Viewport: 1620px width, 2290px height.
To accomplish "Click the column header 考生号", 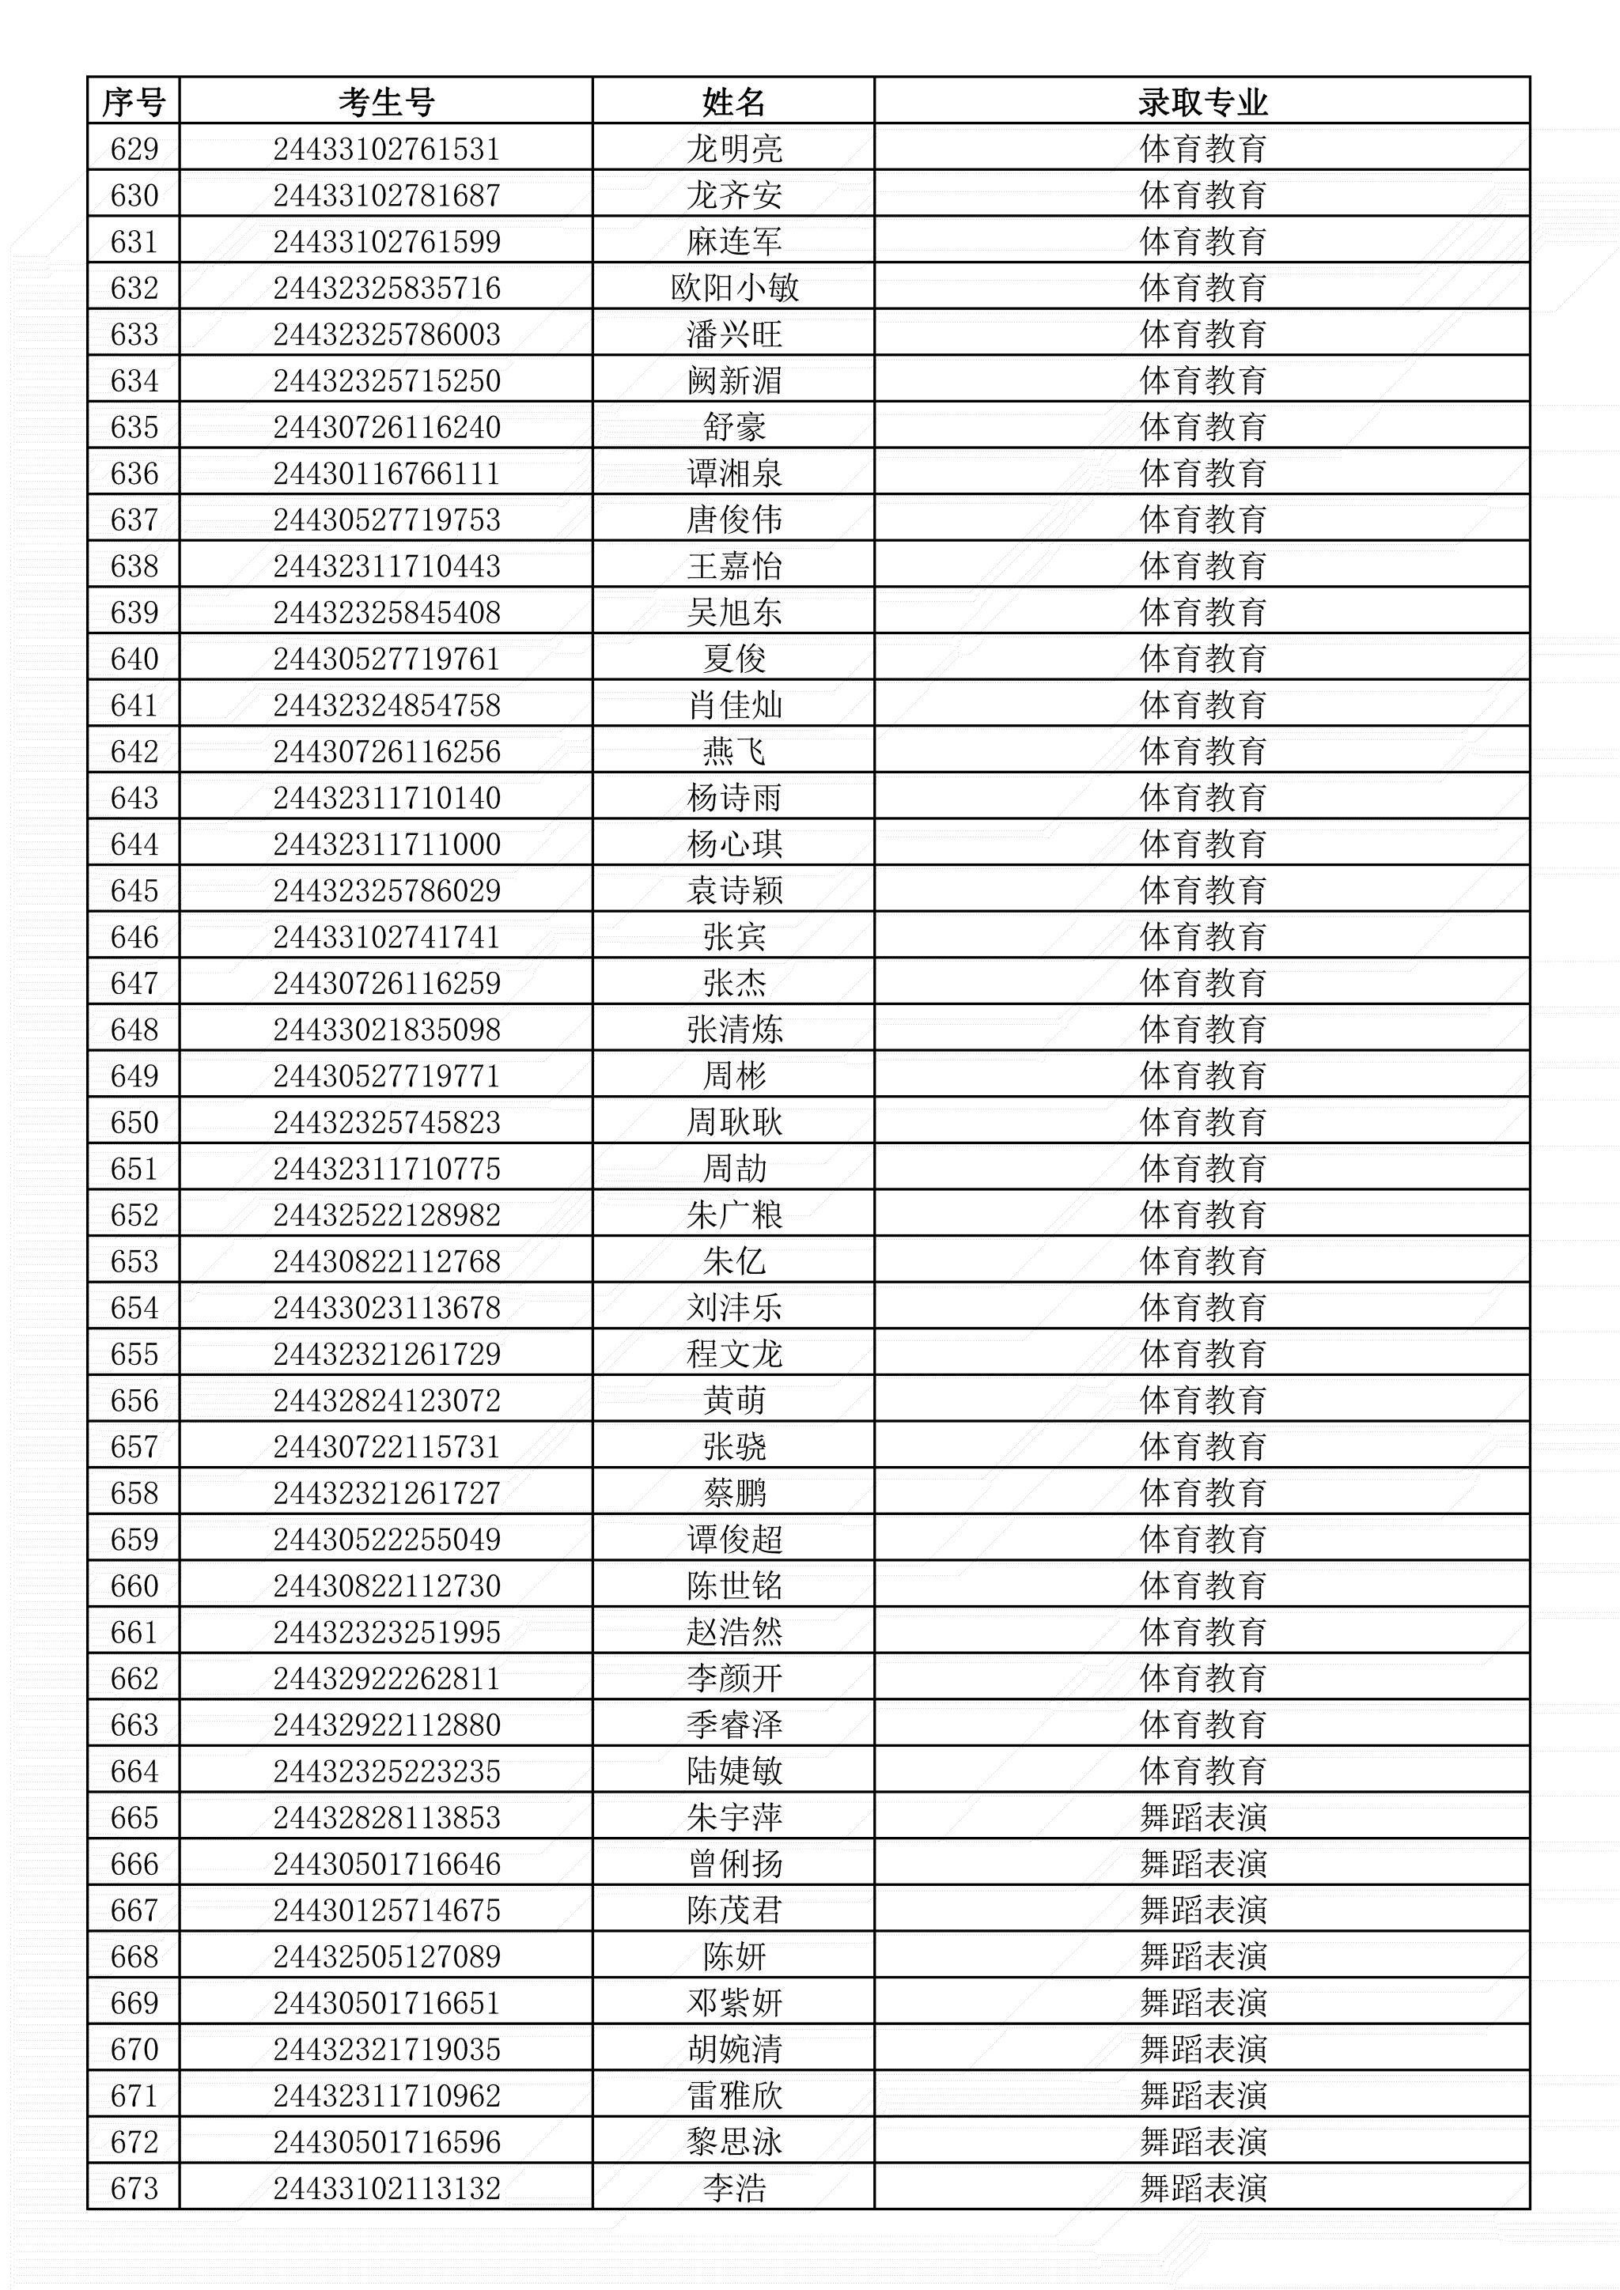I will (386, 102).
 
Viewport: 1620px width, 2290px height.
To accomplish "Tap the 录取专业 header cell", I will (1202, 102).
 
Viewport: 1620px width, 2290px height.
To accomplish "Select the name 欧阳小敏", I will (734, 289).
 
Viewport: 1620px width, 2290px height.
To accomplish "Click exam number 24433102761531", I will (386, 149).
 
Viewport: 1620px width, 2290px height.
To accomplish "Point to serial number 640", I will (134, 659).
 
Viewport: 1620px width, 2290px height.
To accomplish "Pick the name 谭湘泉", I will (734, 474).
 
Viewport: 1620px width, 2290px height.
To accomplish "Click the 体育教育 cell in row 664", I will (1202, 1771).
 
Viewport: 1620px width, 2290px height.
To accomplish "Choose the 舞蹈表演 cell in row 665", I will (1202, 1817).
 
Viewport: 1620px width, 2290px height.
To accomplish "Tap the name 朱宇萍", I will (734, 1817).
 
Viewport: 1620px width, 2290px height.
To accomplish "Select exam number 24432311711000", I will (386, 845).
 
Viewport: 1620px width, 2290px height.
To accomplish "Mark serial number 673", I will (134, 2188).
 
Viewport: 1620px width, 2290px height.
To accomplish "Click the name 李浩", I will (734, 2188).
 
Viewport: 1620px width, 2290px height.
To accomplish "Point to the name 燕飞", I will (734, 752).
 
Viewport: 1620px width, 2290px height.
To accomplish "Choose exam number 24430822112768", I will (386, 1262).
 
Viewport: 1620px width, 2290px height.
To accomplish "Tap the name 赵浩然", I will (734, 1633).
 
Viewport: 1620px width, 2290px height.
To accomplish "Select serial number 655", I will (134, 1355).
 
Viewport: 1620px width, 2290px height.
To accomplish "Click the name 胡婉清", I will (734, 2050).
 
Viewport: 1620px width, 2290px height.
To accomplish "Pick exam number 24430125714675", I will (386, 1910).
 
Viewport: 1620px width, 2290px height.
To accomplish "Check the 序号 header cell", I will (134, 102).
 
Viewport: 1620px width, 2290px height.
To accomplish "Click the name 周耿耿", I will (734, 1123).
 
